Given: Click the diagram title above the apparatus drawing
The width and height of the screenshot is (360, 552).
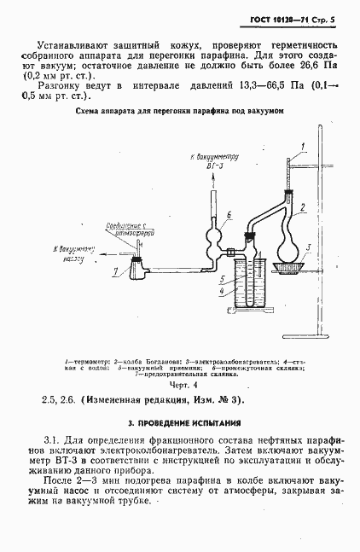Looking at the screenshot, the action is coord(179,111).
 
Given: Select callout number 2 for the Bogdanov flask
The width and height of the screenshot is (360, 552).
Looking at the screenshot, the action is coord(301,207).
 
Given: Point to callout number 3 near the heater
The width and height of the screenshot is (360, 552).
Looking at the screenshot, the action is coord(308,246).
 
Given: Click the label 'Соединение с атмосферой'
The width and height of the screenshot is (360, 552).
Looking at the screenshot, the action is coord(120,229).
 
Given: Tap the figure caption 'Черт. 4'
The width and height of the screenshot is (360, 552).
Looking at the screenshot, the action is coord(179,383).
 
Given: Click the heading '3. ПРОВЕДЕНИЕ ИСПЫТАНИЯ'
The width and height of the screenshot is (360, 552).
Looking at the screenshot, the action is coord(179,423).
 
